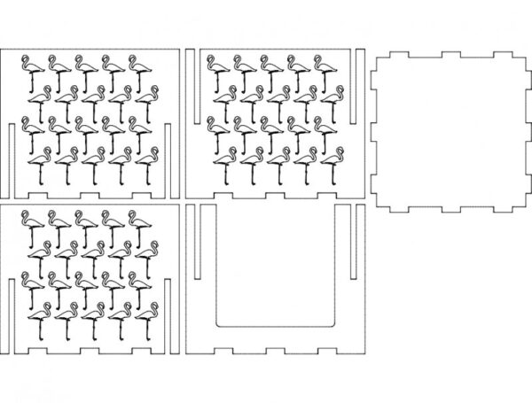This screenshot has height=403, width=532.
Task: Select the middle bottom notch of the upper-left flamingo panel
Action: [89, 192]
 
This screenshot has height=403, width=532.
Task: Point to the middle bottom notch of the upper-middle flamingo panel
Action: [276, 192]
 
